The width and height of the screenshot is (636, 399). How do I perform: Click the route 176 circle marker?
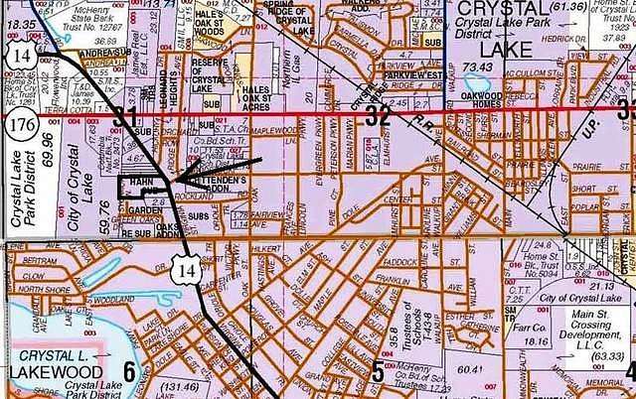(x=17, y=126)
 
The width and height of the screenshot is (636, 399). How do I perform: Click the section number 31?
(x=123, y=118)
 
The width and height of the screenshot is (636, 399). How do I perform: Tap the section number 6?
(x=128, y=372)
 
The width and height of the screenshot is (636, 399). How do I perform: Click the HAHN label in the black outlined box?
(x=142, y=182)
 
